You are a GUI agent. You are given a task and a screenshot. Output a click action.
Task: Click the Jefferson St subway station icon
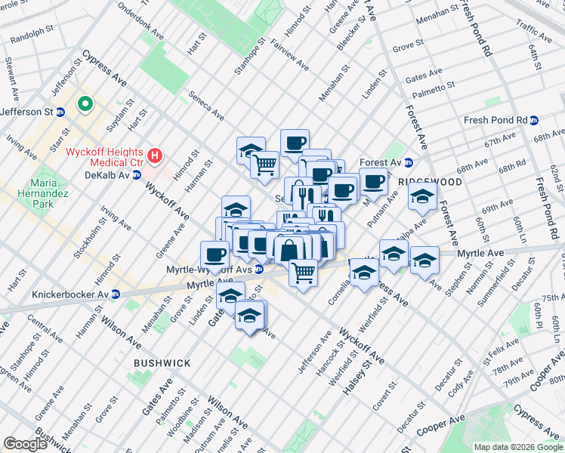[x=61, y=112]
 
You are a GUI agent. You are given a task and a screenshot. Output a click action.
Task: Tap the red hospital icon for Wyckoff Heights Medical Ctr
[x=156, y=156]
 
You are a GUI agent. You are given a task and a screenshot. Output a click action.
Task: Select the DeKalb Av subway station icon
[x=137, y=174]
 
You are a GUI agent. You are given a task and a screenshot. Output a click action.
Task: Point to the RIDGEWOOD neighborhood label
[x=430, y=182]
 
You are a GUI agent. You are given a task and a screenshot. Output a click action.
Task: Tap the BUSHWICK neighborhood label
[x=162, y=363]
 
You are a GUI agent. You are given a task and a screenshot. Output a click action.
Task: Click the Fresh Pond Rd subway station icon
[x=534, y=120]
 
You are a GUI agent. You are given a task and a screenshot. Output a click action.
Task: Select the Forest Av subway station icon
[x=409, y=162]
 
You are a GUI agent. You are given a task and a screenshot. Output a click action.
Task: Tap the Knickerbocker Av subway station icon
[x=116, y=294]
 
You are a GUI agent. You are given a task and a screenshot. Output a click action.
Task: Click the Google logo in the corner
[x=25, y=444]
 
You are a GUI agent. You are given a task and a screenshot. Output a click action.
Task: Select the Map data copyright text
[x=518, y=447]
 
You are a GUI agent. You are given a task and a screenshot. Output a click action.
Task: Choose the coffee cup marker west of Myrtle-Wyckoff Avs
[x=215, y=254]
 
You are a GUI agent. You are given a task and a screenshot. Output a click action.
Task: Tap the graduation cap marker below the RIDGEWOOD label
[x=422, y=198]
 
